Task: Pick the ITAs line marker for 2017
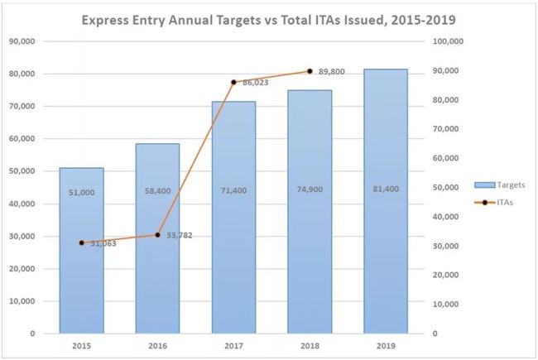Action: tap(234, 82)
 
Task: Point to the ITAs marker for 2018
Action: tap(310, 71)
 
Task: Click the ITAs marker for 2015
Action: tap(81, 242)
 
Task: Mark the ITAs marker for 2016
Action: tap(158, 234)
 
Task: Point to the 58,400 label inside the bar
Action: tap(158, 190)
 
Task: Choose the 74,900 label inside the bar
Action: tap(310, 190)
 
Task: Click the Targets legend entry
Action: tap(499, 185)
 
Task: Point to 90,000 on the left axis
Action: tap(22, 41)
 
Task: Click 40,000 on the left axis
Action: tap(22, 204)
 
